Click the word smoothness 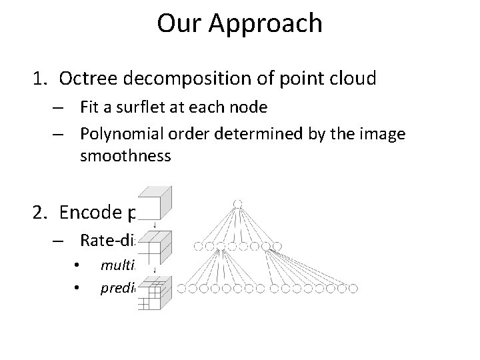coord(125,157)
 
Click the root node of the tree coord(237,203)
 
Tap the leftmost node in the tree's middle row coord(197,247)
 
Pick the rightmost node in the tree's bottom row coord(353,289)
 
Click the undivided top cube coord(156,201)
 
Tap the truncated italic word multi coord(117,265)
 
